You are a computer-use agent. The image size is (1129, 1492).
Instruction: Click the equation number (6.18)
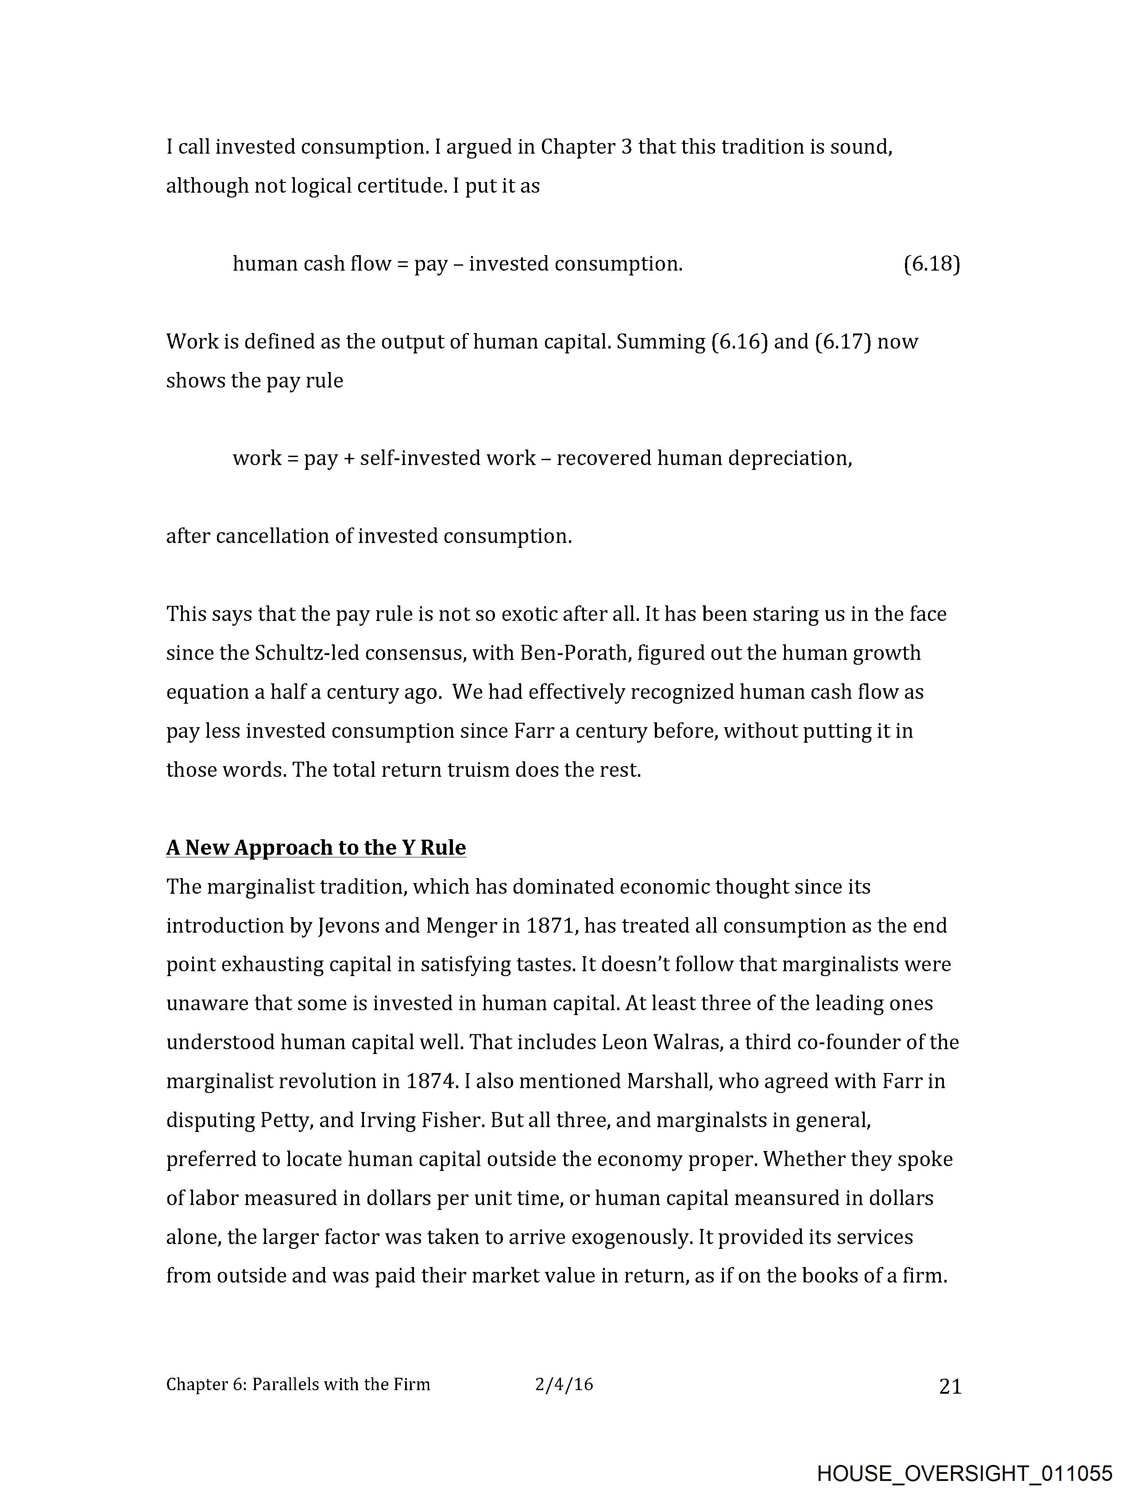pos(932,264)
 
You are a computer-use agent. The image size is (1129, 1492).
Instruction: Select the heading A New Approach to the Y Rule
pos(316,847)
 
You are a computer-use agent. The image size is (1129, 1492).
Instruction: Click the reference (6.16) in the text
pos(739,342)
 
